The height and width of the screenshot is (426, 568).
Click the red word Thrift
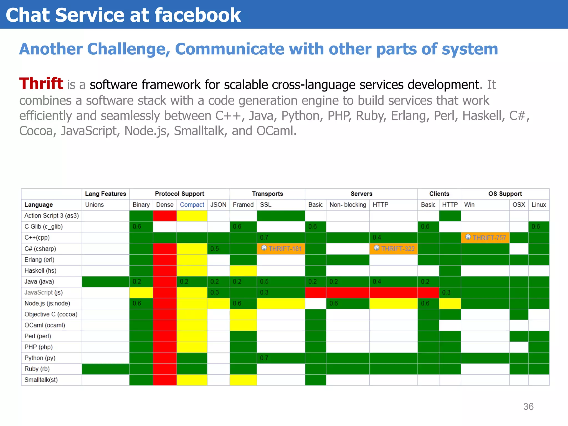coord(41,83)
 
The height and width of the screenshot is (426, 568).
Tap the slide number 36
coord(528,407)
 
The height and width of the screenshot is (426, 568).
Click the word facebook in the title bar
coord(197,15)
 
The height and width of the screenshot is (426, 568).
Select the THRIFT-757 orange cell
coord(485,238)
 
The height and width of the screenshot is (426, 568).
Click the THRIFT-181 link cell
coord(281,248)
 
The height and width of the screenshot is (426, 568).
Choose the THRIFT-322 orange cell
coord(393,248)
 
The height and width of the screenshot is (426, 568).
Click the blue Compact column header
coord(192,205)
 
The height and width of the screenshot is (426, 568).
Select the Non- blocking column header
coord(348,205)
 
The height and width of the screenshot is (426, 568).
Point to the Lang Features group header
coord(105,194)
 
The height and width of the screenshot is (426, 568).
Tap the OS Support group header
coord(505,194)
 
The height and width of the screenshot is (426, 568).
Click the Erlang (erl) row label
coord(39,260)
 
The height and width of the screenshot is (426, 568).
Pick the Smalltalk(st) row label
coord(41,380)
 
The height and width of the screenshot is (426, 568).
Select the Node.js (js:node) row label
coord(47,303)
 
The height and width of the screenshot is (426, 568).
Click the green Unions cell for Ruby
coord(105,369)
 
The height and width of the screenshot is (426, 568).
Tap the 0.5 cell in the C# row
coord(218,249)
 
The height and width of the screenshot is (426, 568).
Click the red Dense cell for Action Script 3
coord(165,216)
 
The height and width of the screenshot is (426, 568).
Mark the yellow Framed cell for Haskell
coord(243,270)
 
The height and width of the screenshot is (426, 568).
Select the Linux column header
coord(539,205)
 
